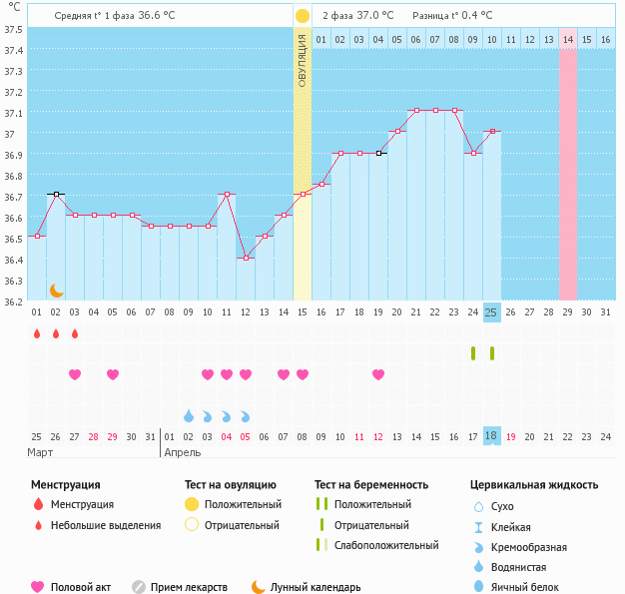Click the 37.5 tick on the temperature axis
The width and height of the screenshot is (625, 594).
coord(13,29)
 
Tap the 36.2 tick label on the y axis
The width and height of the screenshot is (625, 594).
coord(13,301)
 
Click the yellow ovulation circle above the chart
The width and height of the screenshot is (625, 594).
coord(302,16)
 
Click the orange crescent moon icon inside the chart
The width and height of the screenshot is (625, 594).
coord(57,290)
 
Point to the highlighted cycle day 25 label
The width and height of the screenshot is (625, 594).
coord(490,312)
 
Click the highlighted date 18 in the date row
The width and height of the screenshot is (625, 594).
coord(490,436)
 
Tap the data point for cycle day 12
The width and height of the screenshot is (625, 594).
coord(245,258)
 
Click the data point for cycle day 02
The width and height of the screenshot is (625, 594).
coord(56,194)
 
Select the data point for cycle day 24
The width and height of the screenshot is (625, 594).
coord(472,153)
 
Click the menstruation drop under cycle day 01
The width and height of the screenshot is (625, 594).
coord(37,333)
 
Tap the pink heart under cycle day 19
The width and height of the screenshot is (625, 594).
coord(378,374)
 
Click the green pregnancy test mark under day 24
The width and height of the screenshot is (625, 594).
coord(473,353)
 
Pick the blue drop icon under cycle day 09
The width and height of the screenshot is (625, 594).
coord(189,415)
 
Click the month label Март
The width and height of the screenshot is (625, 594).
coord(40,452)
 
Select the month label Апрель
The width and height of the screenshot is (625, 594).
coord(182,452)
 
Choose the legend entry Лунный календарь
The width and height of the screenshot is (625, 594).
coord(316,587)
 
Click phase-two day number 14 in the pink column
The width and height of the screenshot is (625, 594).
coord(567,39)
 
